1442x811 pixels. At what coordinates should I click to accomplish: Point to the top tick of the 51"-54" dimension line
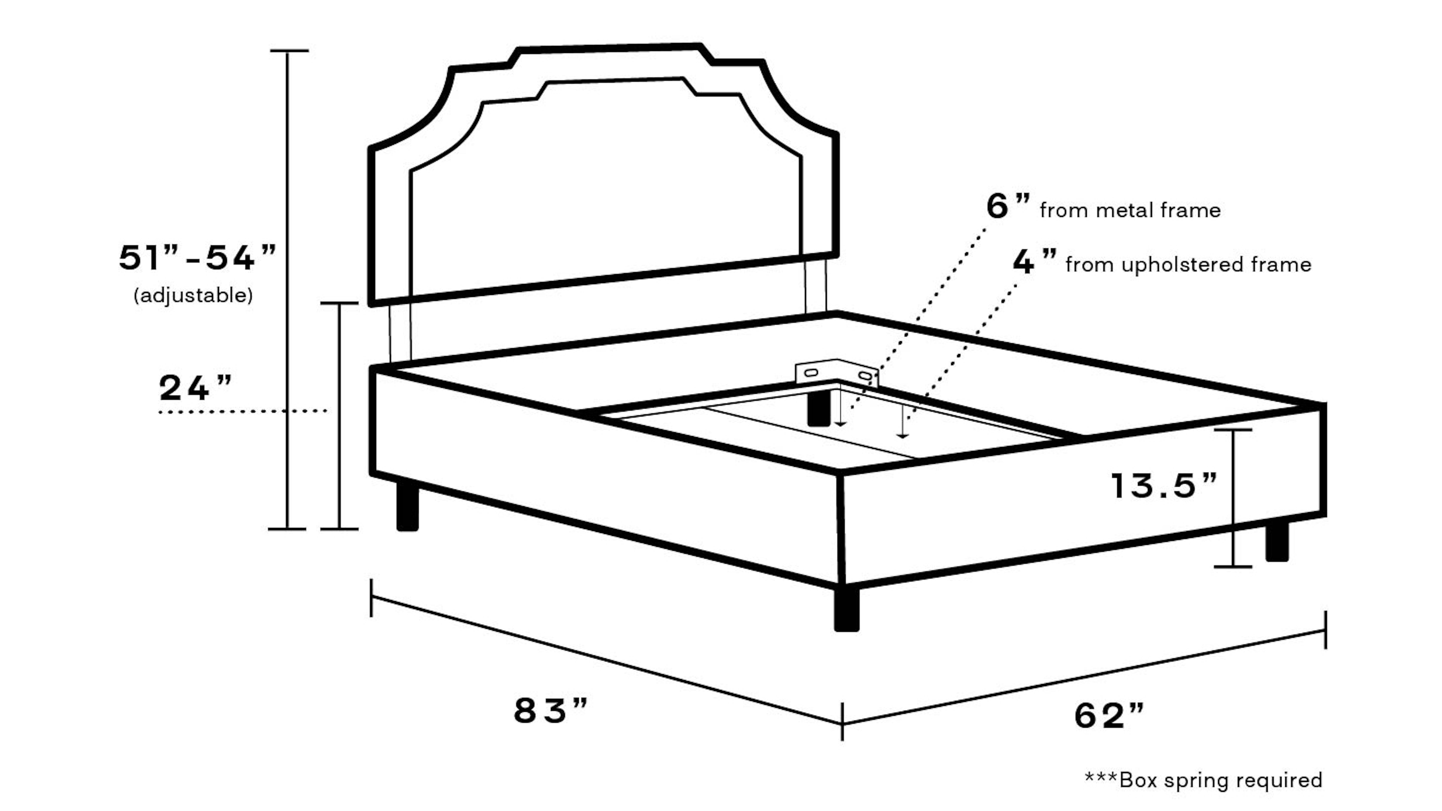tap(289, 51)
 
